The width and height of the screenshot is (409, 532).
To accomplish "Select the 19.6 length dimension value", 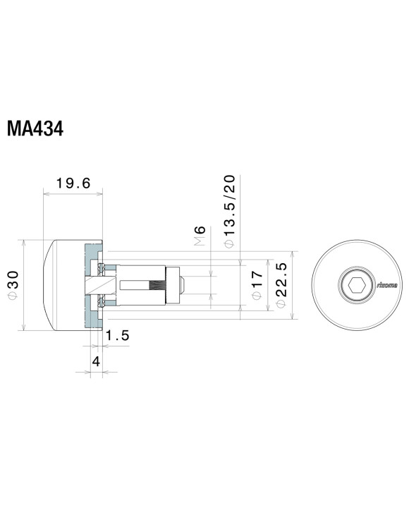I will (73, 183).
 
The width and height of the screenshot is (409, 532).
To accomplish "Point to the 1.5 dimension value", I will (118, 336).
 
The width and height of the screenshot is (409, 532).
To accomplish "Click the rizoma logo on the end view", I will (386, 285).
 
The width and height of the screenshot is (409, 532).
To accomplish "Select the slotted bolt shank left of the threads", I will (134, 285).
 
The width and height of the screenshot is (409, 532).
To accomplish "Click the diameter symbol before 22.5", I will (280, 304).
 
